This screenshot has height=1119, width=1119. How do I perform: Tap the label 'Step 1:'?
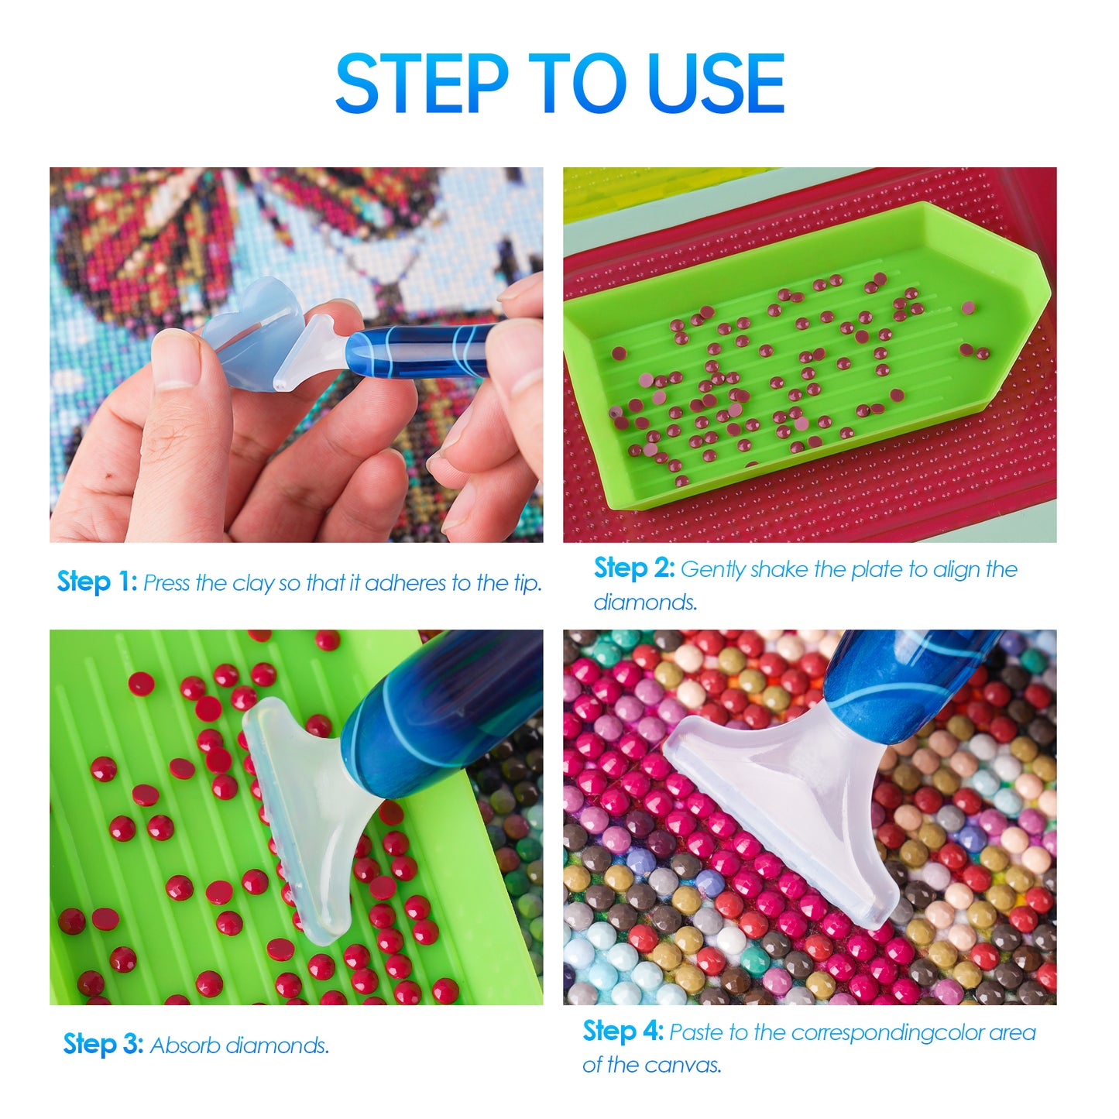point(97,582)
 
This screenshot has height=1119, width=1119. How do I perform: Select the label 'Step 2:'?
point(634,568)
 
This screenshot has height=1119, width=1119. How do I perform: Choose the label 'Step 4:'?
point(623,1031)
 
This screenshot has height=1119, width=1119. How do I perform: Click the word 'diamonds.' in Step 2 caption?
point(645,602)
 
